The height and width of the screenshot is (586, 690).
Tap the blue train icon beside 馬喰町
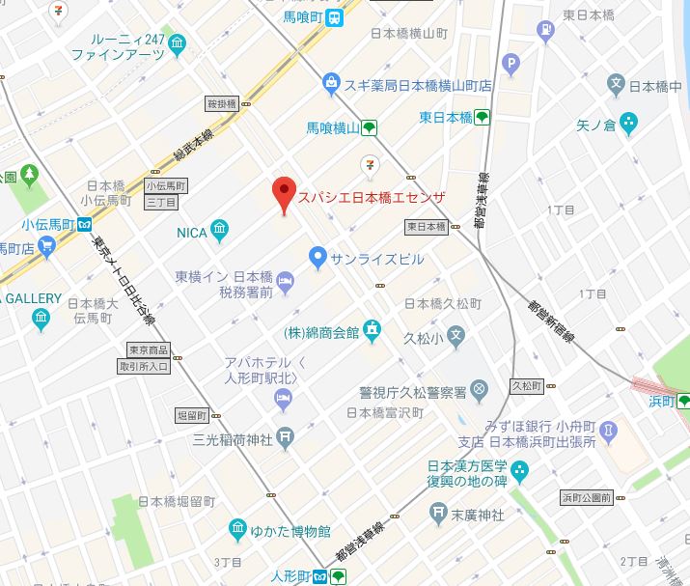(x=333, y=15)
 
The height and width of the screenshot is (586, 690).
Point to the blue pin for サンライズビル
(x=317, y=258)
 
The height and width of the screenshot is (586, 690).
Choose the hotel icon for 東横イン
(x=286, y=280)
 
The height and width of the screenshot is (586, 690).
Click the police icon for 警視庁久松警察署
(x=481, y=391)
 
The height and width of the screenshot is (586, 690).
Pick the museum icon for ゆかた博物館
(x=237, y=530)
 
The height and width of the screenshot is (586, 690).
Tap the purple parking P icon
(x=512, y=64)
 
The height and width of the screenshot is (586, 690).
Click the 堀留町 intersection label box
(x=192, y=414)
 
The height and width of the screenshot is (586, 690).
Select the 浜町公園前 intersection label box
(x=586, y=498)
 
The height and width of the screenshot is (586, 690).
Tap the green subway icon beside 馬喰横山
(x=369, y=126)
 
